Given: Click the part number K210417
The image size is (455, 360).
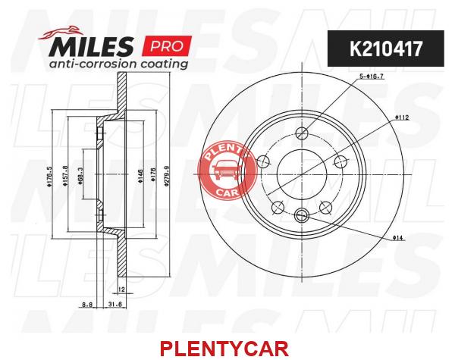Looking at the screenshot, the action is (386, 49).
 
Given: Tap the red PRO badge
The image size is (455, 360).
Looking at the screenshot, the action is (167, 45).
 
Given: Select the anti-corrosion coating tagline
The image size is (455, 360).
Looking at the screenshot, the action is (118, 64).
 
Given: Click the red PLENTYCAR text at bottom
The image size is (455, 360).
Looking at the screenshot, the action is (224, 349).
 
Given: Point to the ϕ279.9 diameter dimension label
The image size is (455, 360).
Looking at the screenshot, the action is (166, 175).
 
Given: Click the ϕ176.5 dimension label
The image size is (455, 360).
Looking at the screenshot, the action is (49, 176).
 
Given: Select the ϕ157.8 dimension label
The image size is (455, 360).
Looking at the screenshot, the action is (65, 176).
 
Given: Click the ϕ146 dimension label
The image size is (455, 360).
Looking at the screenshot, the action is (140, 177).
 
